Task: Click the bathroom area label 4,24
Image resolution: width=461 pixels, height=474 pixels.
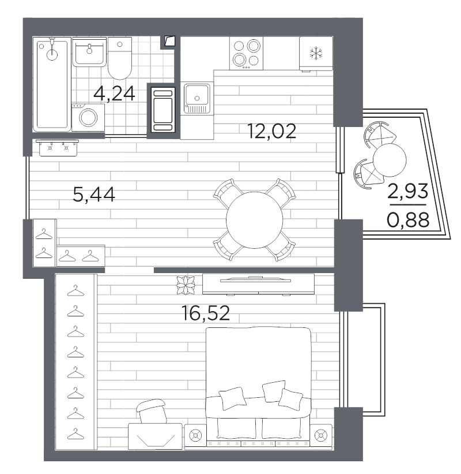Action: (114, 94)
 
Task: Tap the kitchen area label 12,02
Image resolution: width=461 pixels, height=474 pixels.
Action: (271, 132)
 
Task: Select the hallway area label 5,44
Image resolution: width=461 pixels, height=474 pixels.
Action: (94, 195)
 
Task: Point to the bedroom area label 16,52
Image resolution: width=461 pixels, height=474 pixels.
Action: (206, 313)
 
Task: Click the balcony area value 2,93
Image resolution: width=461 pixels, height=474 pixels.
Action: (408, 191)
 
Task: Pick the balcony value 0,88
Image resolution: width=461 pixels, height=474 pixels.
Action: (408, 220)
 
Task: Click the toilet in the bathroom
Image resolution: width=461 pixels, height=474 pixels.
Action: (120, 58)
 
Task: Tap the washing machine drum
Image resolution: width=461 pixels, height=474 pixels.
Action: (88, 117)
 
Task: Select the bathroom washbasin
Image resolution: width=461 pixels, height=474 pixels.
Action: (89, 52)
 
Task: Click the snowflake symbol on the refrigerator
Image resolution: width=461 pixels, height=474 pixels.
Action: (316, 54)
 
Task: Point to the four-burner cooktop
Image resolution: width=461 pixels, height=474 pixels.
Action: (246, 54)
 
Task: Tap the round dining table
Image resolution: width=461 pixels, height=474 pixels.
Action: (255, 220)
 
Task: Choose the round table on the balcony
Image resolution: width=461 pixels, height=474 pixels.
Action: (390, 160)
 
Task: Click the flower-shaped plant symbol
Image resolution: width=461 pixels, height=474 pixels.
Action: (186, 285)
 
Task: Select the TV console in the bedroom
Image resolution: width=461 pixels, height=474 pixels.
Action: (258, 284)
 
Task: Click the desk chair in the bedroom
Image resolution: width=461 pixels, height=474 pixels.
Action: (152, 411)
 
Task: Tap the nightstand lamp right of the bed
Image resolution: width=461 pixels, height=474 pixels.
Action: (321, 436)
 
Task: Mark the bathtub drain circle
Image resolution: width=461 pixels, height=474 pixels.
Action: (41, 46)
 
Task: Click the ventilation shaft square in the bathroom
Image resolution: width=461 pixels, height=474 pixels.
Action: (169, 41)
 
